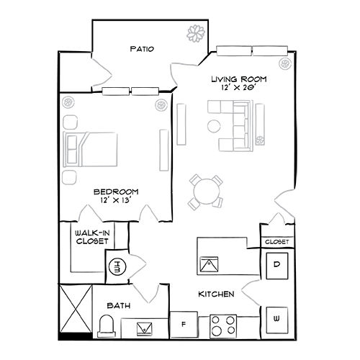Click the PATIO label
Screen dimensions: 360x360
pos(142,49)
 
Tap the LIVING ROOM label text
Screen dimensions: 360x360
pos(239,78)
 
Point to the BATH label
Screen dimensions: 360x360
pos(118,306)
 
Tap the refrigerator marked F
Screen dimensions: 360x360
pos(184,324)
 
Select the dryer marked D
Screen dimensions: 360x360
pos(277,264)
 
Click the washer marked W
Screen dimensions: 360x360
pos(277,318)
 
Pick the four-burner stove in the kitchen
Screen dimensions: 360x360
pos(224,325)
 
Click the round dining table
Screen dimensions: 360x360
pos(205,191)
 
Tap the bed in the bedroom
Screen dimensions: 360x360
pos(90,149)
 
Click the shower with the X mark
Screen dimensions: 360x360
pos(76,308)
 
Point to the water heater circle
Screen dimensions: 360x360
pos(117,266)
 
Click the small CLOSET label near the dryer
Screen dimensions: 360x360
pos(277,242)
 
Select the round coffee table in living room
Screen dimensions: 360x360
pos(214,126)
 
